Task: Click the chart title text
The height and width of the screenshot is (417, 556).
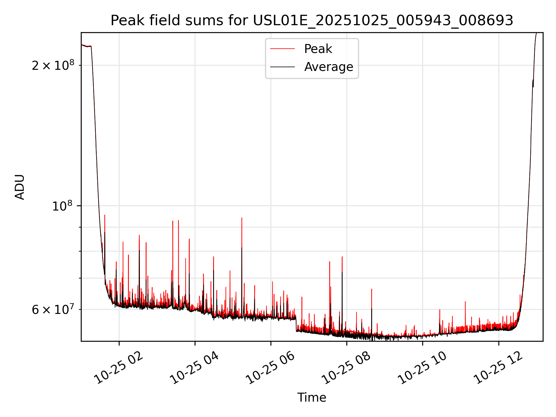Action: point(312,21)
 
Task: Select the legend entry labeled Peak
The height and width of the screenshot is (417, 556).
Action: point(318,49)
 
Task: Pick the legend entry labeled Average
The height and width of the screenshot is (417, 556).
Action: point(329,67)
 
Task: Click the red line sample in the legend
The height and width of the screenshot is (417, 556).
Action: point(282,49)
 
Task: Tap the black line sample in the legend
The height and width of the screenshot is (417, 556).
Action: point(282,67)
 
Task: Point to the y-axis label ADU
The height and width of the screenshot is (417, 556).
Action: point(20,187)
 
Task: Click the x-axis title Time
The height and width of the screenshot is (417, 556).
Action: point(312,398)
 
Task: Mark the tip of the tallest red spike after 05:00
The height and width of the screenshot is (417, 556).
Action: point(242,218)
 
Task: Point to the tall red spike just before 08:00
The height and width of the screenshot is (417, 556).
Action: point(342,257)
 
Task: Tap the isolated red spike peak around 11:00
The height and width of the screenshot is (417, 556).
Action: point(465,302)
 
